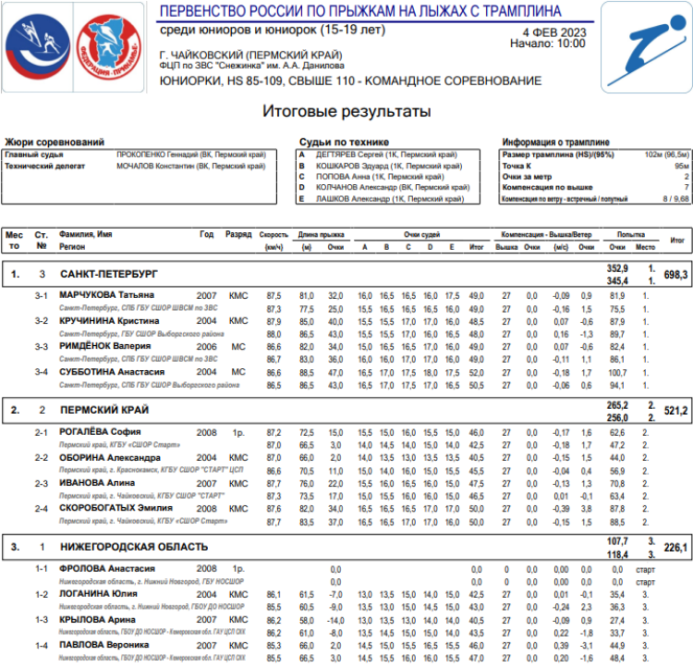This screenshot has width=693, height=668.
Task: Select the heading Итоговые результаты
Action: point(346,112)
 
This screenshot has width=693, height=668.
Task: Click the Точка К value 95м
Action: point(680,166)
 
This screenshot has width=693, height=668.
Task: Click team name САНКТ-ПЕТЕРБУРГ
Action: point(108,275)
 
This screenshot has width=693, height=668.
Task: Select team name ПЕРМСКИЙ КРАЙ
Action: point(104,409)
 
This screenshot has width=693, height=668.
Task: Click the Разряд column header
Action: point(238,235)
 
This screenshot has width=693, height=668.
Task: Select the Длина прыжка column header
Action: point(321,235)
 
